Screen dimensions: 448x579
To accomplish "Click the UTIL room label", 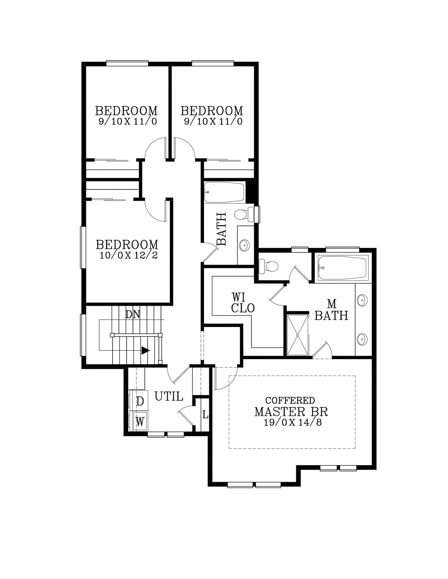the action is click(x=169, y=396).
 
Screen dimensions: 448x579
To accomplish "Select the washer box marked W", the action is click(x=140, y=421).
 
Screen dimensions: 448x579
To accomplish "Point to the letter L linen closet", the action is click(x=205, y=415).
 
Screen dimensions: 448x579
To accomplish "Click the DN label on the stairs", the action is click(x=133, y=315).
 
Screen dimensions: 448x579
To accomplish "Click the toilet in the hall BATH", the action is click(x=244, y=214).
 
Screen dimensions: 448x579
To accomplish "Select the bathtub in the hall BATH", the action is click(x=224, y=192).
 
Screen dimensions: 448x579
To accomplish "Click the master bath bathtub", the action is click(x=343, y=268).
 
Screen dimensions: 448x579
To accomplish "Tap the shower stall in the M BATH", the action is click(x=298, y=335).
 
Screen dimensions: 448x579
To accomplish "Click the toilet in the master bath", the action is click(x=268, y=266).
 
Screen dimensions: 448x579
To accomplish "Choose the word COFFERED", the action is click(x=290, y=400).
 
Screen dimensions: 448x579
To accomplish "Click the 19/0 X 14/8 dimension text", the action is click(x=293, y=422).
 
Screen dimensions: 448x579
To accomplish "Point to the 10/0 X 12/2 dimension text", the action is click(x=129, y=255).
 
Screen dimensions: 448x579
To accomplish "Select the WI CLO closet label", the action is click(x=243, y=303).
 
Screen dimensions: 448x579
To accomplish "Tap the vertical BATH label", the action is click(x=221, y=229).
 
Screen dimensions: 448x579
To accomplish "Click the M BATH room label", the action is click(x=331, y=310).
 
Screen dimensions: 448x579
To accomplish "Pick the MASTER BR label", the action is click(x=291, y=411).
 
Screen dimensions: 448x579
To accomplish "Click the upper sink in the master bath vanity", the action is click(x=362, y=300).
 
